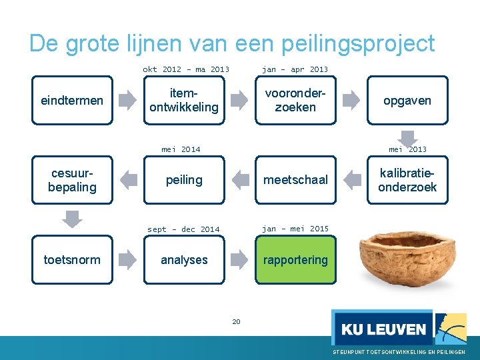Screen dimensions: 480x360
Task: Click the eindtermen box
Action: tap(72, 101)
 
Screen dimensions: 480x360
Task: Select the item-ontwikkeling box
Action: tap(184, 101)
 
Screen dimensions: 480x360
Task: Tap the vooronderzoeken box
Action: tap(295, 101)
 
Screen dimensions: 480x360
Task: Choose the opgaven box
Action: tap(407, 101)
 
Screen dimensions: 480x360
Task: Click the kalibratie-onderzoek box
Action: tap(407, 180)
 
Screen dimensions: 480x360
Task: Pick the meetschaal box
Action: tap(295, 180)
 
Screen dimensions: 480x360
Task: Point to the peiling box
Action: tap(184, 180)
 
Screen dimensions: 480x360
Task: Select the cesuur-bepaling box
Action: tap(72, 180)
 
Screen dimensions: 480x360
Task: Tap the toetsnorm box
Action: tap(72, 260)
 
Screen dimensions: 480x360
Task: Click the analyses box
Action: tap(184, 260)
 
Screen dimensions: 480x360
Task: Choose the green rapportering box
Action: tap(295, 260)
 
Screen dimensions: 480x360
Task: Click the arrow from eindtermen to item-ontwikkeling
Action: tap(127, 101)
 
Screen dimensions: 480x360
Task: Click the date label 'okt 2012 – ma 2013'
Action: tap(186, 69)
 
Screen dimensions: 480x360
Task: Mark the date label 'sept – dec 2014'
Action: tap(183, 229)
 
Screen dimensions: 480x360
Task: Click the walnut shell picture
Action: tap(403, 261)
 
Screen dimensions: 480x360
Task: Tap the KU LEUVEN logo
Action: tap(383, 328)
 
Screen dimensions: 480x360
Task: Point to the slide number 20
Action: tap(236, 322)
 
